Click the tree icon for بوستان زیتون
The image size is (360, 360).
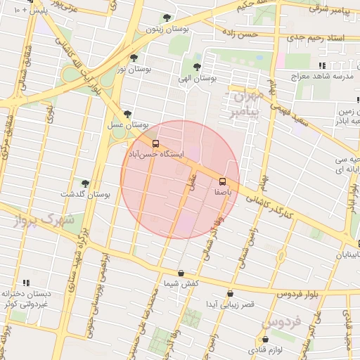point(167,18)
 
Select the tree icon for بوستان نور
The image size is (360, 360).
point(134,58)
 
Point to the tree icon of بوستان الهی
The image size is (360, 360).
point(197,67)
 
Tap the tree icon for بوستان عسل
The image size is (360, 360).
point(127,113)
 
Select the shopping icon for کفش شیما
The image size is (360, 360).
point(181,273)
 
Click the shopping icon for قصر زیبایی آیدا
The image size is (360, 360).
point(230,294)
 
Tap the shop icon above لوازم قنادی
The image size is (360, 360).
point(264,340)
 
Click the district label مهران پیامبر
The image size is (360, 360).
point(245,102)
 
